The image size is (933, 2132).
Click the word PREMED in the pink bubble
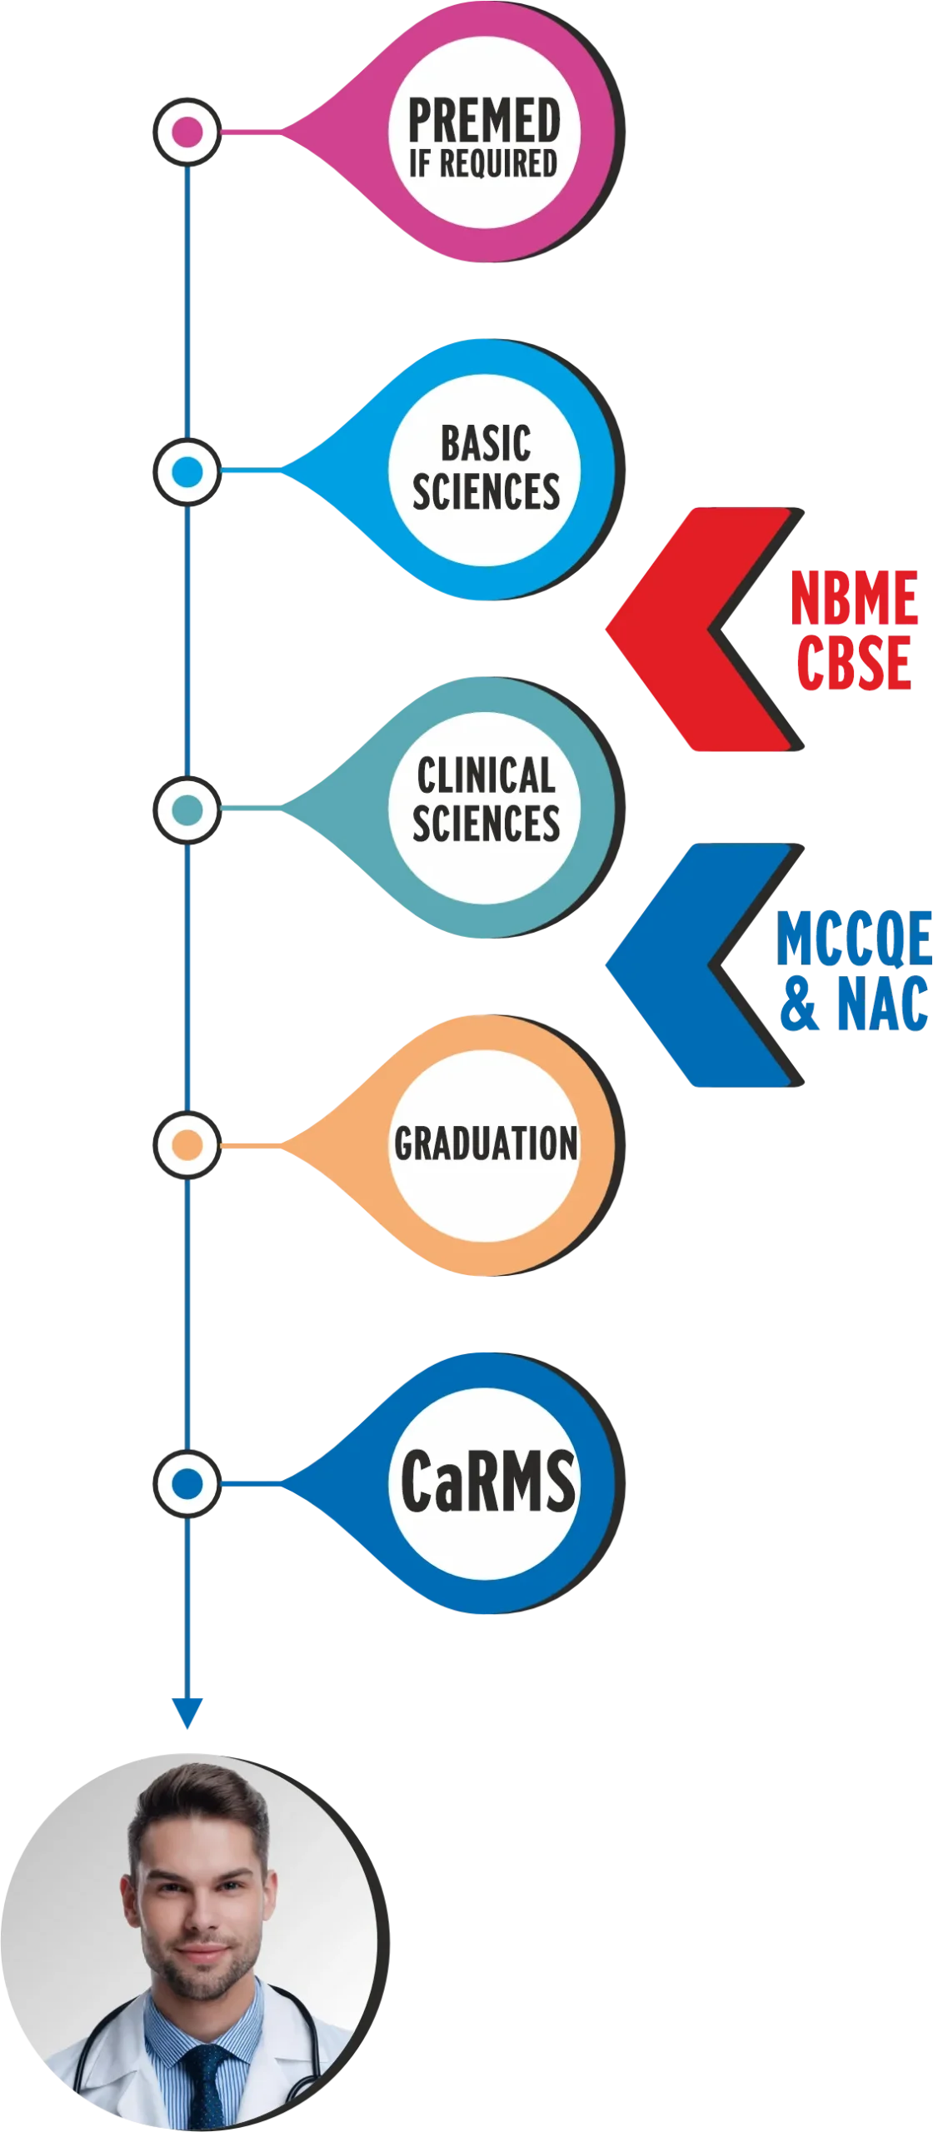click(484, 120)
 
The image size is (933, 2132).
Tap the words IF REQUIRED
click(483, 164)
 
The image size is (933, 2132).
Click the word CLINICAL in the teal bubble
click(486, 776)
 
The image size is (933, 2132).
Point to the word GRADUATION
click(486, 1143)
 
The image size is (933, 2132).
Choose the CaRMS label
click(487, 1482)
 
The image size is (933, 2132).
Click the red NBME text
click(854, 598)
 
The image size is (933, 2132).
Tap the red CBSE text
click(852, 662)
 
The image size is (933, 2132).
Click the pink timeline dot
click(187, 132)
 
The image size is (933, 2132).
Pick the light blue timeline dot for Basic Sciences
click(187, 472)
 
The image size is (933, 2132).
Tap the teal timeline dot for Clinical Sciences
click(187, 809)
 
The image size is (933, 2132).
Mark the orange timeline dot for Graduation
click(187, 1145)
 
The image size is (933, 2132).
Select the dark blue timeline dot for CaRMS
click(187, 1483)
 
